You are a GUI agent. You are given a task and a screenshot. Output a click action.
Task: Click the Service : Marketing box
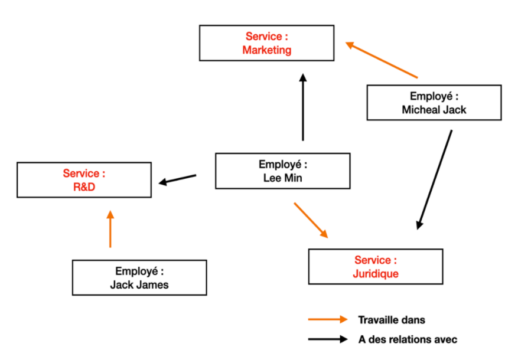point(266,42)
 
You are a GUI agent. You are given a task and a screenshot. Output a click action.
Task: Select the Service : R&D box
point(84,180)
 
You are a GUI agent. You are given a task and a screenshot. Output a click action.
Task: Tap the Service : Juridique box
point(376,267)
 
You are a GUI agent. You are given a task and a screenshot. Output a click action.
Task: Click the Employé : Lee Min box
point(282,171)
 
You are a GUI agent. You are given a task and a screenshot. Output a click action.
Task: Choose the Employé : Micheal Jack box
point(434,103)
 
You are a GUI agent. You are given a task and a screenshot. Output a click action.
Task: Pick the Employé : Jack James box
point(139,277)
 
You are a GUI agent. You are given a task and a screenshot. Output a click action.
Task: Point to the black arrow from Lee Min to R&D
point(177,179)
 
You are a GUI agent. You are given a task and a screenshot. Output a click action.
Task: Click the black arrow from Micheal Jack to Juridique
point(434,179)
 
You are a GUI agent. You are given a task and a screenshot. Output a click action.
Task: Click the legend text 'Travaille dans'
point(391,320)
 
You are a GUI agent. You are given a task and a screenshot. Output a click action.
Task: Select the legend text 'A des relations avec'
point(408,339)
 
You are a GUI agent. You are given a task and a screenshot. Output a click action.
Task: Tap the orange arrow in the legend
point(328,320)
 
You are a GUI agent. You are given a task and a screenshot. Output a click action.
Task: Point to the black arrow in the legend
point(328,339)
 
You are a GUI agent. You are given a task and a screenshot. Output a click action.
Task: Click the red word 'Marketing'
point(266,50)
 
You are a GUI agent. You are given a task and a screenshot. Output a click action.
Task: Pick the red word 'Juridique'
point(376,274)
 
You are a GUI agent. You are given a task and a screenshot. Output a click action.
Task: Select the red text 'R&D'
point(84,186)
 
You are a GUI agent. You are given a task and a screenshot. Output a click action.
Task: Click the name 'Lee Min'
point(282,178)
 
